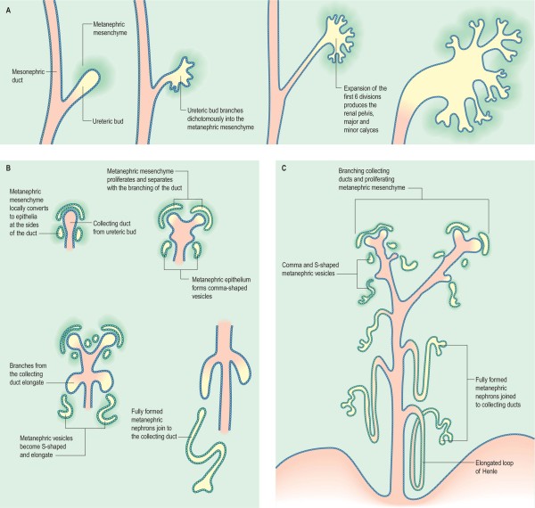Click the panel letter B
[7, 168]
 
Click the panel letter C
[283, 168]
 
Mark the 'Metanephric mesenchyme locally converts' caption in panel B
[30, 212]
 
